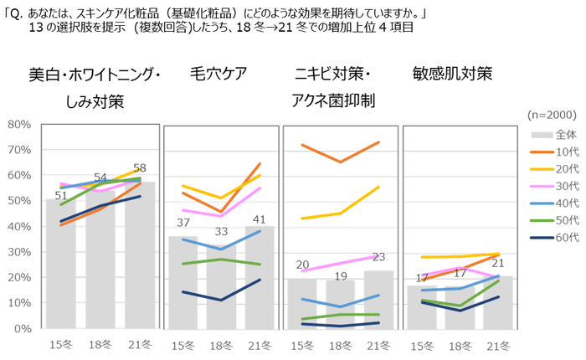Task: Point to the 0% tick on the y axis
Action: coord(18,328)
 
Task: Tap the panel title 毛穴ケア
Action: coord(218,73)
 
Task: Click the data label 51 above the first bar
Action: coord(60,196)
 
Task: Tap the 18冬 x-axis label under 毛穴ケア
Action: coord(218,344)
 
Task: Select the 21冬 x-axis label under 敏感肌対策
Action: coord(497,344)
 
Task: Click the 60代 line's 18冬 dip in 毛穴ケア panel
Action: coord(219,300)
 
